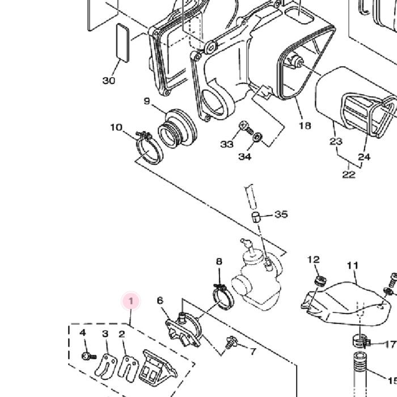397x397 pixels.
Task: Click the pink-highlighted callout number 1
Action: [131, 301]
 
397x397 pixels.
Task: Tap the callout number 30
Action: [109, 81]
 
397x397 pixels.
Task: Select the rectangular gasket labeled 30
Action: [123, 43]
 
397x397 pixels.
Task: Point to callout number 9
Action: [147, 101]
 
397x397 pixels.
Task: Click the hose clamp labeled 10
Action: [149, 149]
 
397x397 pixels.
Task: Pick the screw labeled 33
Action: [246, 128]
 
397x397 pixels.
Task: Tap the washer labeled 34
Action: [257, 137]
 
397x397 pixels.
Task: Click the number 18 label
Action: [305, 125]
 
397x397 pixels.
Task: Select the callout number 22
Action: [349, 175]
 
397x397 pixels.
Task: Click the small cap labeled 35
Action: [256, 217]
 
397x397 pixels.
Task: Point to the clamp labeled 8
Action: [223, 297]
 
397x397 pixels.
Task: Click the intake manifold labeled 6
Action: [184, 330]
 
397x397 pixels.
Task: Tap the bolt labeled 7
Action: [231, 343]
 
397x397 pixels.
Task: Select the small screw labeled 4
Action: [89, 357]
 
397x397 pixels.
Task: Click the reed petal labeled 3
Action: [106, 366]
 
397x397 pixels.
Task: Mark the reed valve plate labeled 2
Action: [129, 369]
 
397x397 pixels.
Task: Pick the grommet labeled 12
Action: [320, 281]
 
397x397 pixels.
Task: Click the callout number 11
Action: [353, 265]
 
